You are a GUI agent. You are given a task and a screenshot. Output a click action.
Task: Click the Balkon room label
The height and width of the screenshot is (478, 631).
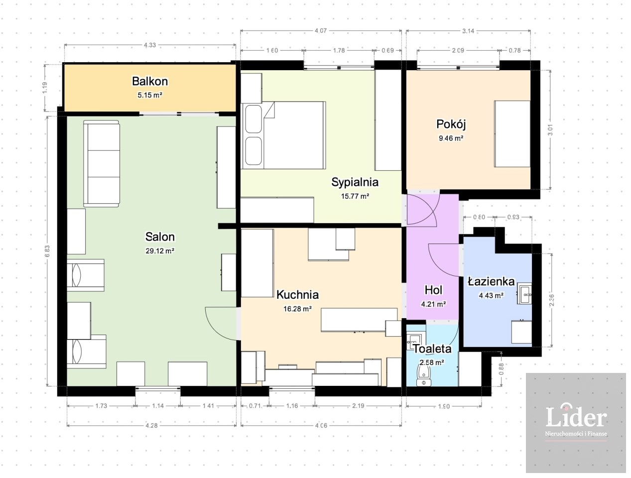pos(150,81)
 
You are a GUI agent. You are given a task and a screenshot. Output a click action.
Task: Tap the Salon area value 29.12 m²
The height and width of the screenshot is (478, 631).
pos(160,250)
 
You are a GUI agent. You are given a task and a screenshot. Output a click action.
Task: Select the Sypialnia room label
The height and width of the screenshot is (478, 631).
pos(355,182)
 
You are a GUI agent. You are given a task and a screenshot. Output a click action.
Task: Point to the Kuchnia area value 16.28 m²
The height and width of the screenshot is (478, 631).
pos(297,309)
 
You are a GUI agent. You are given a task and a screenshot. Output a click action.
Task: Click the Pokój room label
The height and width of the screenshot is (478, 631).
pos(451,124)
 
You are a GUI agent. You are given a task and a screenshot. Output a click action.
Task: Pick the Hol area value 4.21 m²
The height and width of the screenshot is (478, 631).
pos(433,304)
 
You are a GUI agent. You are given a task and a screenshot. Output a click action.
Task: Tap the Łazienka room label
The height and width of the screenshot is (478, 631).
pos(491,281)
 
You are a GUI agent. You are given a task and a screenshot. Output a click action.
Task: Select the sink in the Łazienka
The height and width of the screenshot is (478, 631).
pos(524,293)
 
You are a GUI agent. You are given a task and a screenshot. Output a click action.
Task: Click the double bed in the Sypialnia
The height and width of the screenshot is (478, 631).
pos(283,135)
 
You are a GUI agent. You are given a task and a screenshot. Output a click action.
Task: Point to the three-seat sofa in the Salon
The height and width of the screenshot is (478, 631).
pos(102,163)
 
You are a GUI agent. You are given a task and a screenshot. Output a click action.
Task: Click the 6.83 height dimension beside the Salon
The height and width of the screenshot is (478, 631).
pos(48,251)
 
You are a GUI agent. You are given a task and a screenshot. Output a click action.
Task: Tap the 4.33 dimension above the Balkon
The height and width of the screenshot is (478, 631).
pos(150,45)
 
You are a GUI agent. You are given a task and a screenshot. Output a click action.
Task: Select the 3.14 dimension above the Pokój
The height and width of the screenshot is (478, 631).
pos(468,31)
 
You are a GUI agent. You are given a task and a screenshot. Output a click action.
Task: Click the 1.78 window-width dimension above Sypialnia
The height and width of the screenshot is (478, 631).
pos(339,51)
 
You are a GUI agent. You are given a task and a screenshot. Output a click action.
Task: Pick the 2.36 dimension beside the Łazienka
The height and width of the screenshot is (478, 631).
pos(551,300)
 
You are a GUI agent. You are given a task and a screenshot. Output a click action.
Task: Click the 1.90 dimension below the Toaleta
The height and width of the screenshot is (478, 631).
pos(444,406)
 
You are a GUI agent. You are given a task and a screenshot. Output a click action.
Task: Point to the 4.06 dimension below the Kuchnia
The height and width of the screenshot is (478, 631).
pos(321,425)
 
